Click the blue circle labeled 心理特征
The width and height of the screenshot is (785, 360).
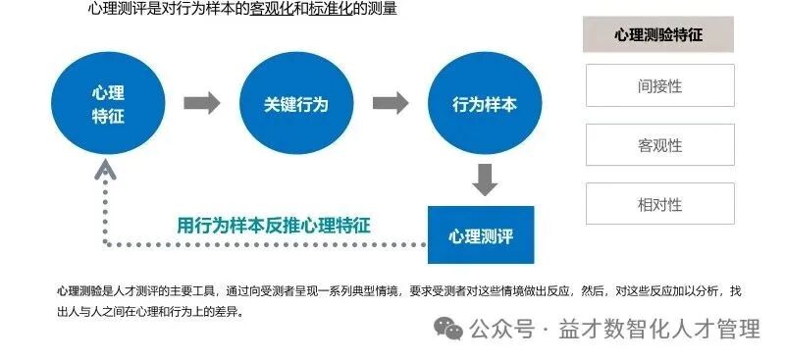[x=108, y=103]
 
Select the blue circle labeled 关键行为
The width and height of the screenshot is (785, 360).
[x=295, y=103]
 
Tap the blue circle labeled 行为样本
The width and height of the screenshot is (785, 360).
[x=484, y=103]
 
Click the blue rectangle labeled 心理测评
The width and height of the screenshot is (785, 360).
[x=481, y=235]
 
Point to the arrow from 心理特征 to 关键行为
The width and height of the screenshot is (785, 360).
[x=201, y=103]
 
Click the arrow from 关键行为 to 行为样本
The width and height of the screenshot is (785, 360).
[x=390, y=103]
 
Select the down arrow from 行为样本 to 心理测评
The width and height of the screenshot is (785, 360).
[x=484, y=180]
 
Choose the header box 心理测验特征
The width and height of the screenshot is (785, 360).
[x=658, y=34]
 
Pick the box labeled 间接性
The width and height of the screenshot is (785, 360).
[x=659, y=85]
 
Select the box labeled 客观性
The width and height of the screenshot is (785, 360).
[x=659, y=145]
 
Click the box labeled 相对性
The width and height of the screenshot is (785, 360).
[x=659, y=204]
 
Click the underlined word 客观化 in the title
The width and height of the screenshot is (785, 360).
[x=270, y=10]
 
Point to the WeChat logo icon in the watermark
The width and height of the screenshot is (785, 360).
[x=449, y=328]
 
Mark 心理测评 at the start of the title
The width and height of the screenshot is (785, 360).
[x=109, y=10]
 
